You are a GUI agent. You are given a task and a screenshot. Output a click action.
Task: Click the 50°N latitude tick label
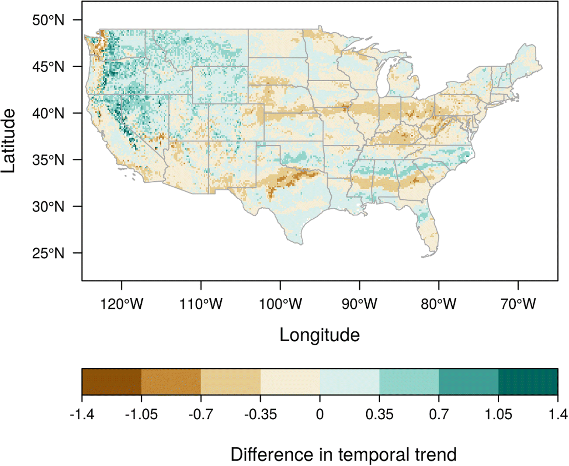(x=48, y=20)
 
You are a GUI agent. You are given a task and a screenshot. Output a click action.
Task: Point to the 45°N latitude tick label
(x=48, y=67)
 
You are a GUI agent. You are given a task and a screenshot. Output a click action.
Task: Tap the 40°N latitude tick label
(x=48, y=114)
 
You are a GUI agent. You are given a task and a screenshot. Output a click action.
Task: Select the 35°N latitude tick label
(x=48, y=160)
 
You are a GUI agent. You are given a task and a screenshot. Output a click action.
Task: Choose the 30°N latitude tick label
(x=48, y=207)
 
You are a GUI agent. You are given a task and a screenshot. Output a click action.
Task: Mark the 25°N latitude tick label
(x=48, y=253)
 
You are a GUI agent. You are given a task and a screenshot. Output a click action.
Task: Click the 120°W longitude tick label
(x=121, y=304)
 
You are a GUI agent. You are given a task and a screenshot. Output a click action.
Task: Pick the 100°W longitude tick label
(x=280, y=304)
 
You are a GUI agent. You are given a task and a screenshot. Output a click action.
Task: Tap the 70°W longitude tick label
(x=518, y=304)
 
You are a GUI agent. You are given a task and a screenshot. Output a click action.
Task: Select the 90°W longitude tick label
(x=359, y=304)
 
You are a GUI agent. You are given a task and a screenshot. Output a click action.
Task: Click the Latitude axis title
(x=9, y=141)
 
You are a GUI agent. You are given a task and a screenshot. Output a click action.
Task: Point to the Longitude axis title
(x=319, y=335)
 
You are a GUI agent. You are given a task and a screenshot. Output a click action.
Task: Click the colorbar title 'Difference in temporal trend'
(x=343, y=455)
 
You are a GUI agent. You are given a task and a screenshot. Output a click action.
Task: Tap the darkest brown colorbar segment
(x=111, y=382)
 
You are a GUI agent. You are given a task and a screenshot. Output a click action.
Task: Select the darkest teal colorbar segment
(x=528, y=382)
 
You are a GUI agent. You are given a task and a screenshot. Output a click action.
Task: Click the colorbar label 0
(x=320, y=414)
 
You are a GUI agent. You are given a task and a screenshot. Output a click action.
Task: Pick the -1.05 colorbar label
(x=141, y=414)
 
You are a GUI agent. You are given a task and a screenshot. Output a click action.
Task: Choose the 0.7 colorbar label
(x=439, y=414)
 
